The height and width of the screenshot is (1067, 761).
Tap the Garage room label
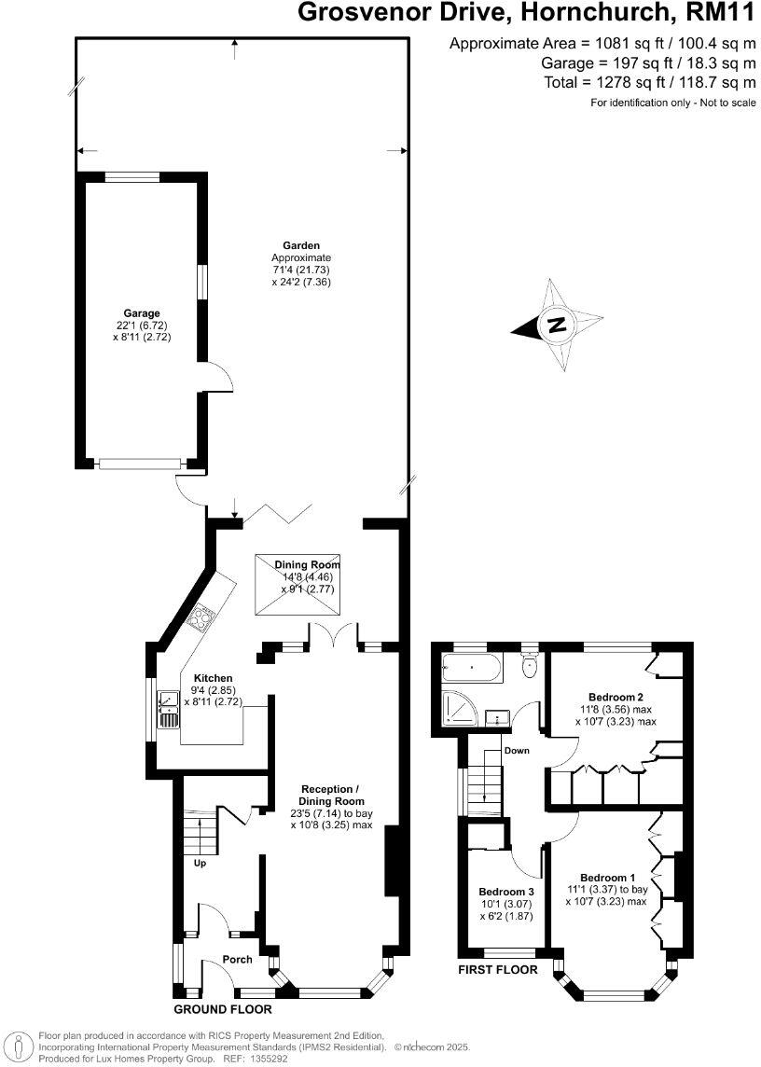click(x=142, y=313)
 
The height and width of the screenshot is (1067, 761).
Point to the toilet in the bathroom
click(x=530, y=664)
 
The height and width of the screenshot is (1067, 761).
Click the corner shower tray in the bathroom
click(x=457, y=713)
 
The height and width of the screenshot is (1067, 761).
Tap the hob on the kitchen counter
click(x=201, y=618)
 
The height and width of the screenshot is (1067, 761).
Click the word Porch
click(x=237, y=959)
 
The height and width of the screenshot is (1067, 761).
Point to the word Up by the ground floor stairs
click(x=200, y=863)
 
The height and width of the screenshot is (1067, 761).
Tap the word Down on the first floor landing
click(x=516, y=750)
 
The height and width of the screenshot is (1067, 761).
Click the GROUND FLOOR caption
click(x=223, y=1009)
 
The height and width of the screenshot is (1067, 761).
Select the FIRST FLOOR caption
click(x=497, y=969)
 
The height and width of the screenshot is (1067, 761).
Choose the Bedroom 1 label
click(x=607, y=878)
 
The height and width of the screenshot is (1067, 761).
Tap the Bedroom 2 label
click(x=616, y=697)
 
